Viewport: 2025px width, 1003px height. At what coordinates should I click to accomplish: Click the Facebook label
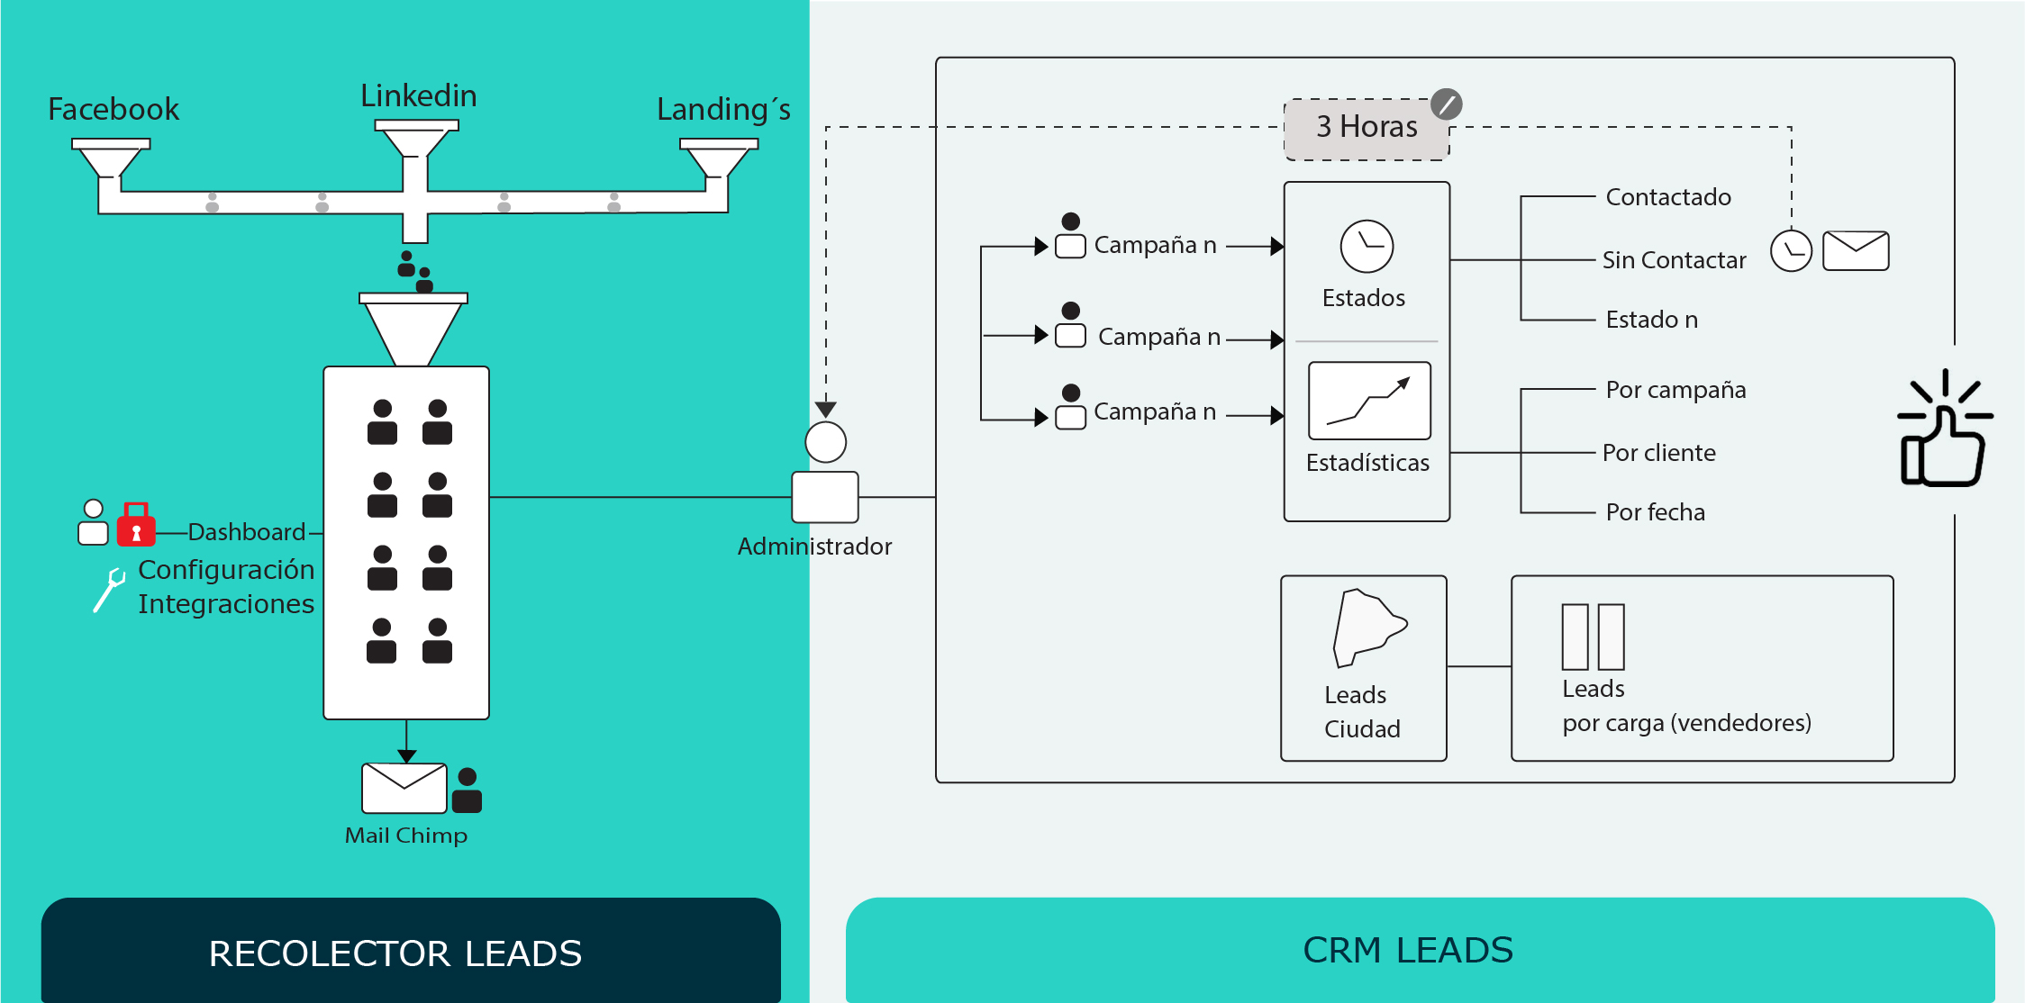[114, 109]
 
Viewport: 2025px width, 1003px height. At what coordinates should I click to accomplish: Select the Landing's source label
[723, 110]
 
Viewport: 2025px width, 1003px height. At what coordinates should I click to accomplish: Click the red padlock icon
[136, 525]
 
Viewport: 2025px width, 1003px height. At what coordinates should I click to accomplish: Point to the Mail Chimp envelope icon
[404, 788]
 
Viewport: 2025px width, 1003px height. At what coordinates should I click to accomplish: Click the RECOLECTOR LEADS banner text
[395, 953]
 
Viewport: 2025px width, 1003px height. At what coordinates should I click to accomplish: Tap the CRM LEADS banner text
[1408, 951]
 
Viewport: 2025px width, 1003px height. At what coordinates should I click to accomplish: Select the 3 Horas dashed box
[1367, 128]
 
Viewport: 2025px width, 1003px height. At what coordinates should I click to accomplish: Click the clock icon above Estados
[1367, 246]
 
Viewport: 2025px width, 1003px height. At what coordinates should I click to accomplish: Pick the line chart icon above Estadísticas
[1369, 401]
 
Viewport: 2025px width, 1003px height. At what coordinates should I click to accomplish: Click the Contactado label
[1668, 197]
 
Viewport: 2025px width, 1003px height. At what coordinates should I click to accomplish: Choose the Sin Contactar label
[1674, 260]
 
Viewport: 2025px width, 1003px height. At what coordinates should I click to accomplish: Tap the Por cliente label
[1658, 453]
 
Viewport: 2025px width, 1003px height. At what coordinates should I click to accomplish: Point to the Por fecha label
[1655, 512]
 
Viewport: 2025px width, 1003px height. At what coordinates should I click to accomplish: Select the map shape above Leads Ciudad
[1367, 628]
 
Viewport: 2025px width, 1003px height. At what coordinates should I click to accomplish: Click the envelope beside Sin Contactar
[1856, 250]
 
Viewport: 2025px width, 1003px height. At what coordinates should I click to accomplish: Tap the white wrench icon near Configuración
[110, 590]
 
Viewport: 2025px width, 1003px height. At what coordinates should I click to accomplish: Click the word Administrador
[814, 547]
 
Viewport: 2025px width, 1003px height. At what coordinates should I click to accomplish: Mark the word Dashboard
[247, 532]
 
